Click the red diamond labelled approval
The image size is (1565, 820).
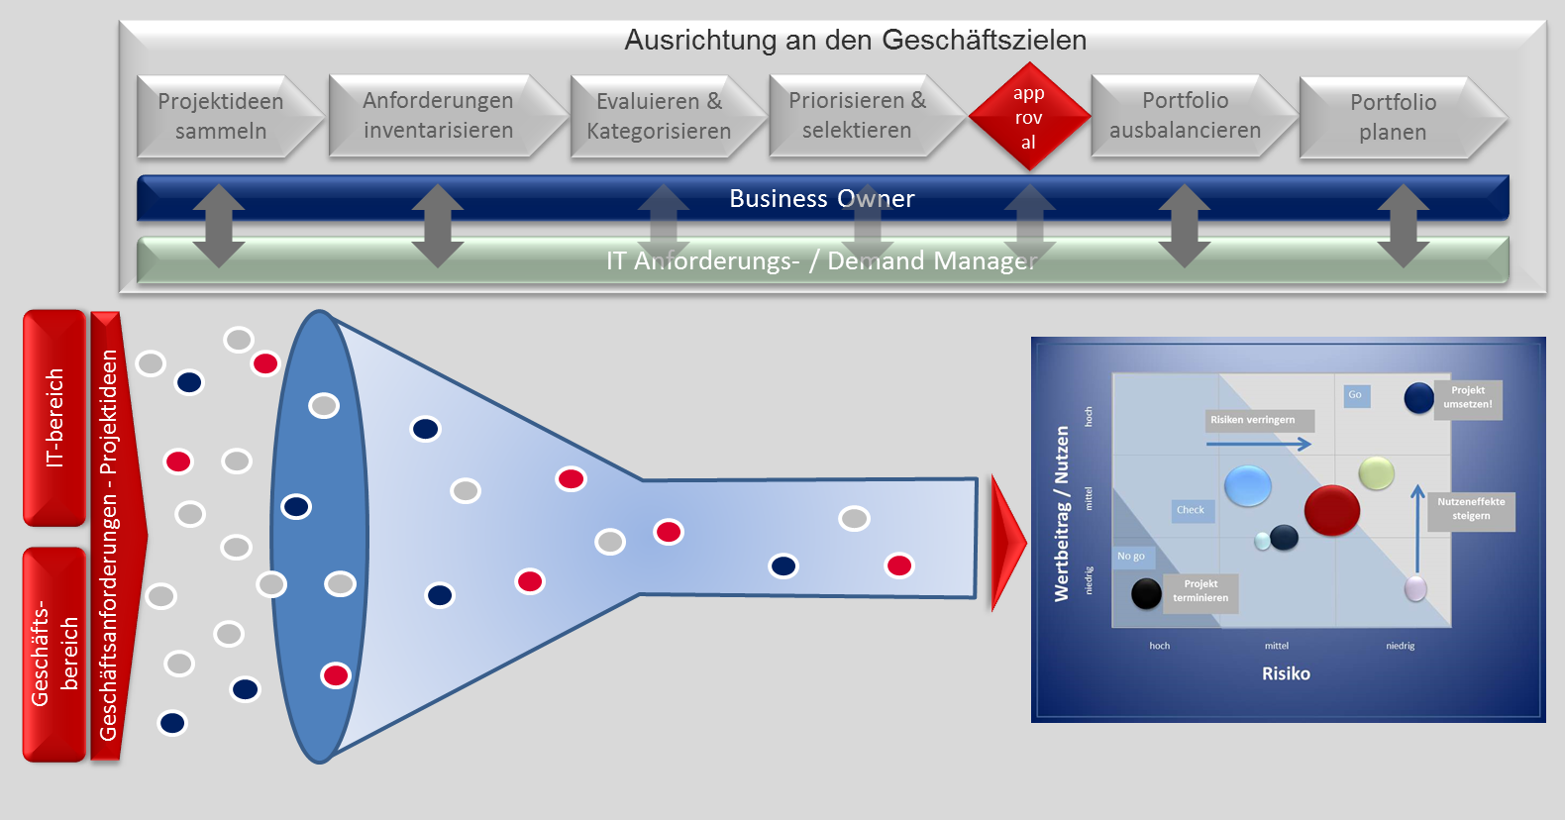coord(1028,117)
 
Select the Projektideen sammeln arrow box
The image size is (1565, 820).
coord(221,116)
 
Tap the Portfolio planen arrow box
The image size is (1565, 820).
coord(1393,117)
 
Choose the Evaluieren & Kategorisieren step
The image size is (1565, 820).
coord(659,116)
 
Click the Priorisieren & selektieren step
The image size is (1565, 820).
coord(857,115)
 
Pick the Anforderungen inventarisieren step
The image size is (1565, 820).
coord(438,115)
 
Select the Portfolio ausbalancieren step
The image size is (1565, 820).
coord(1185,115)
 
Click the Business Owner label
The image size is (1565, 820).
coord(821,198)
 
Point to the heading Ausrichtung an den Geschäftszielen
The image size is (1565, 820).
coord(855,40)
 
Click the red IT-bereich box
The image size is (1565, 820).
coord(54,418)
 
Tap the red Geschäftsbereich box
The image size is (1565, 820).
coord(54,654)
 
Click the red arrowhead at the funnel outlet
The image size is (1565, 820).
coord(1008,543)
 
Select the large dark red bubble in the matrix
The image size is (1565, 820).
coord(1331,510)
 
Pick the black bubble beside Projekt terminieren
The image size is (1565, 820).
coord(1146,593)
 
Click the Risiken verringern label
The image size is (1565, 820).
coord(1252,420)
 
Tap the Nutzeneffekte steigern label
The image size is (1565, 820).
coord(1471,509)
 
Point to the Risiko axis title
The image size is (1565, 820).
coord(1286,673)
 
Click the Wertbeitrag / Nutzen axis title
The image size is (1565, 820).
coord(1062,513)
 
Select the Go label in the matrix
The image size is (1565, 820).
coord(1355,395)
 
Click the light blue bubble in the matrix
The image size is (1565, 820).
coord(1247,485)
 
